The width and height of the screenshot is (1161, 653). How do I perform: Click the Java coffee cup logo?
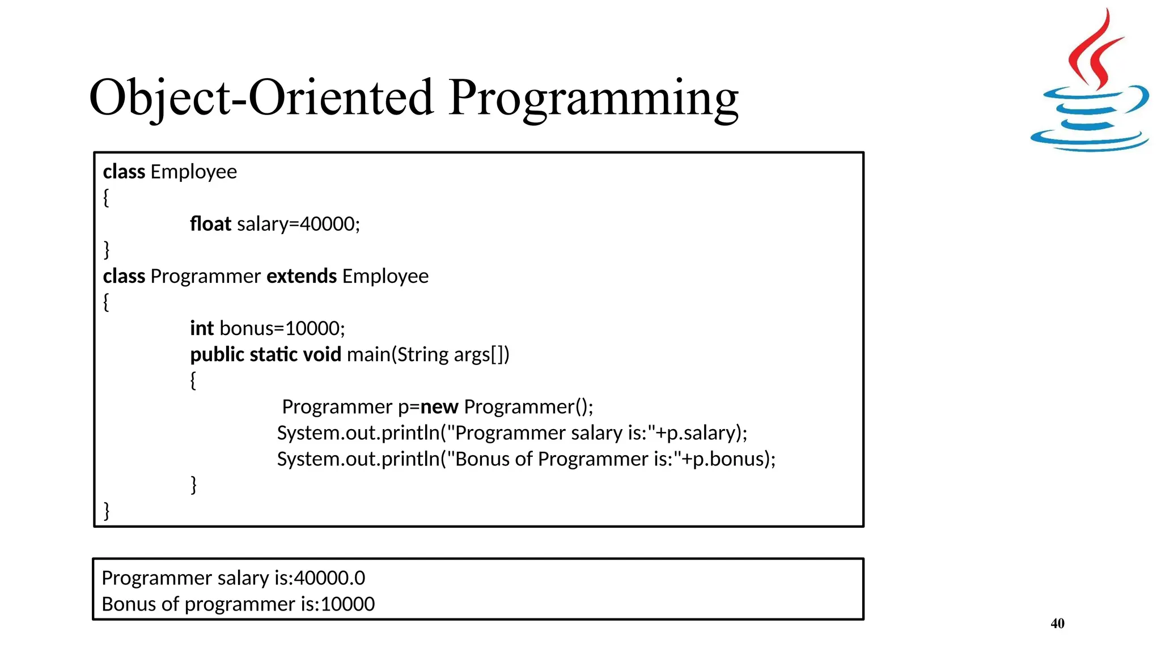[1090, 85]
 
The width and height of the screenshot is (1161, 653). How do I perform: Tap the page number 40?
[1057, 624]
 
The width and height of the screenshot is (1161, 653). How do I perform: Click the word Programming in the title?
[593, 97]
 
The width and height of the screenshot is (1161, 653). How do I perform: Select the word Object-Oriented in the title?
[261, 97]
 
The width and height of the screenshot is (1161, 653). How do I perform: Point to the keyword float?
[210, 224]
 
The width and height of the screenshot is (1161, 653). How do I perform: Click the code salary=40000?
[298, 224]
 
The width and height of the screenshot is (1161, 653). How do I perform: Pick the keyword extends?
[302, 276]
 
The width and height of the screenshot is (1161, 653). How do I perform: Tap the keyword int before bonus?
[202, 328]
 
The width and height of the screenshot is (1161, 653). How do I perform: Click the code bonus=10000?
[282, 328]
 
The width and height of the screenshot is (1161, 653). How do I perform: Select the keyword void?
[322, 354]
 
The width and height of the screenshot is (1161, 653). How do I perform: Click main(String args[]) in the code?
[428, 354]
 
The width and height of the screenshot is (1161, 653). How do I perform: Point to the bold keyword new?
[439, 406]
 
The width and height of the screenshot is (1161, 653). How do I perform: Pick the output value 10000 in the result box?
[347, 604]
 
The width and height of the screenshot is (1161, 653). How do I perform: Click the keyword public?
[217, 354]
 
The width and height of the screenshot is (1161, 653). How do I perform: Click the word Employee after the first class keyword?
[193, 172]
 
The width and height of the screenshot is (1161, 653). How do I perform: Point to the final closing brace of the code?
[107, 510]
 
